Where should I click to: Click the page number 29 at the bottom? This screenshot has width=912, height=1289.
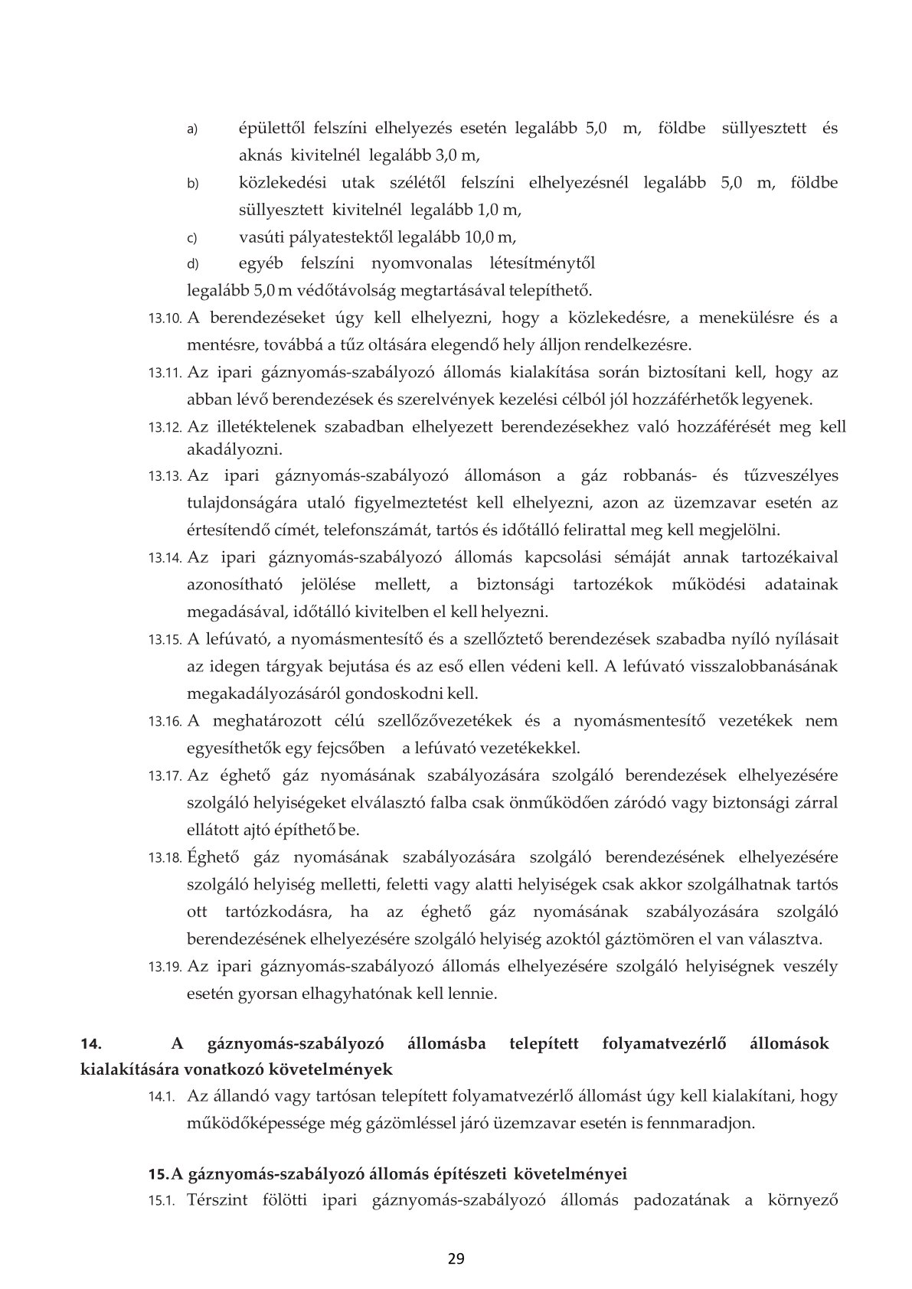tap(456, 1258)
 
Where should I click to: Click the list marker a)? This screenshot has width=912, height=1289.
tap(193, 129)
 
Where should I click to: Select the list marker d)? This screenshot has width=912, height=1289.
tap(193, 265)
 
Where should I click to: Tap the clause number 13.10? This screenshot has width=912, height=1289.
tap(165, 318)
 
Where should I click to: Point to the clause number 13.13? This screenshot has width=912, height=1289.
tap(165, 477)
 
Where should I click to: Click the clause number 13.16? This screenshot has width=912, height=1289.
tap(165, 722)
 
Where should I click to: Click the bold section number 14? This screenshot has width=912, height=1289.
tap(91, 1043)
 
